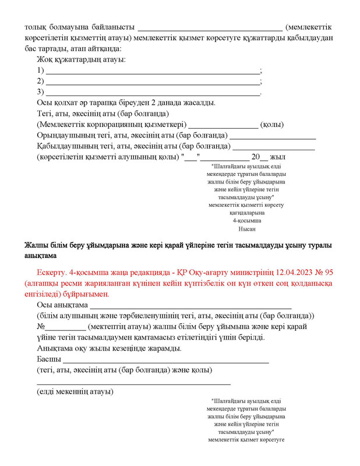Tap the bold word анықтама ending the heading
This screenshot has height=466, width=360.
(x=40, y=256)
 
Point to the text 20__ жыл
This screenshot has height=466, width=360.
(x=267, y=157)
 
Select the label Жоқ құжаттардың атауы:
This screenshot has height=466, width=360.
(x=81, y=59)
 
